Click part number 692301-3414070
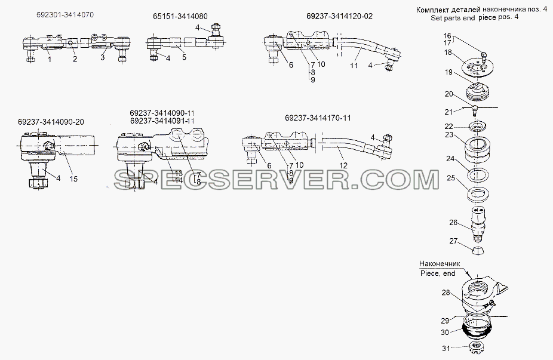point(65,15)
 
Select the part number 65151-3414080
point(180,16)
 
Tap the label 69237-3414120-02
point(339,16)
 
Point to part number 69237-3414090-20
point(51,122)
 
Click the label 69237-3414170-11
point(318,118)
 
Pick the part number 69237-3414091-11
point(162,121)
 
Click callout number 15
point(73,179)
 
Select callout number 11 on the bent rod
point(354,65)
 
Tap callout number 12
point(343,165)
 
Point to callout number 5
point(184,57)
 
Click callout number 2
point(75,59)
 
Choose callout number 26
point(453,223)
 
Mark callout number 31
point(446,349)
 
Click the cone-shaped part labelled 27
point(478,250)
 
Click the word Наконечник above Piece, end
point(440,264)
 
